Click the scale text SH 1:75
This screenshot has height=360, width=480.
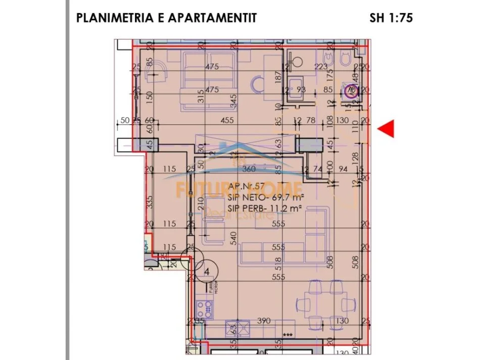(x=391, y=18)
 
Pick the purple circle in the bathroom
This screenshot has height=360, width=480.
(x=352, y=91)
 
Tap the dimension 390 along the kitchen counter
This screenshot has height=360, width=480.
(x=264, y=321)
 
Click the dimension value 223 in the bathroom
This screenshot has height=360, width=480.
(x=321, y=66)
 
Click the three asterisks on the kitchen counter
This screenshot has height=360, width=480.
(x=287, y=334)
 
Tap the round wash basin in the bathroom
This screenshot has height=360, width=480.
(x=296, y=62)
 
